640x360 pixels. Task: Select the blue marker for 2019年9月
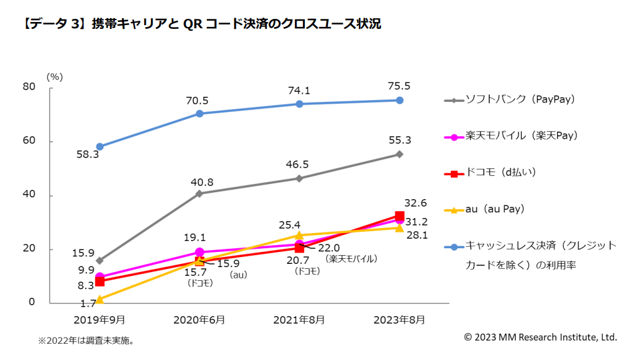tap(99, 146)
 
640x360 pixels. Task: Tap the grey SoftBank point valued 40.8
tap(199, 194)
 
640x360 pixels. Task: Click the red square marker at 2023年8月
tap(399, 216)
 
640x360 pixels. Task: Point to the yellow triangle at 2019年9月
tap(99, 299)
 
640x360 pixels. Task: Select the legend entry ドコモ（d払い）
tap(500, 172)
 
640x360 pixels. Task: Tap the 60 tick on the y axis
tap(29, 141)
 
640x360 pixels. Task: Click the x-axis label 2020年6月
tap(199, 320)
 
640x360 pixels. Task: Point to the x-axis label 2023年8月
tap(399, 320)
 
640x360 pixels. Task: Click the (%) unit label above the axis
tap(55, 76)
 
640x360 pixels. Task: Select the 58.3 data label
tap(87, 155)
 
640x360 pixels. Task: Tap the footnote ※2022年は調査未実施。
tap(86, 341)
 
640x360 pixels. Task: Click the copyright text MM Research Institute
tap(541, 337)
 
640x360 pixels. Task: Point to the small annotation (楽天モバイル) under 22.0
tap(351, 259)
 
